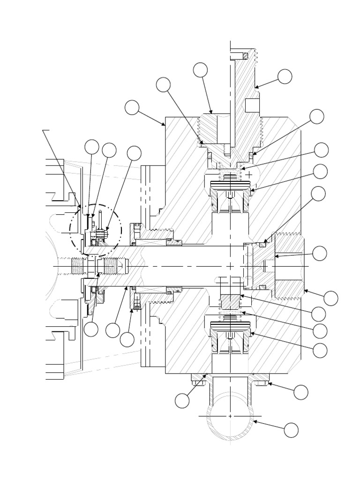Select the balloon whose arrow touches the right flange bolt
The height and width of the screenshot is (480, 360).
[x=301, y=392]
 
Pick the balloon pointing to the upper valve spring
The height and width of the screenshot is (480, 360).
[x=321, y=150]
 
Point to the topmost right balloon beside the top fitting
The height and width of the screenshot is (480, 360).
[x=285, y=76]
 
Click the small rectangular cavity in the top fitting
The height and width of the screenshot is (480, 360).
[x=252, y=105]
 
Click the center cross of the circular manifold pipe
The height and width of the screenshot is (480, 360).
[x=231, y=416]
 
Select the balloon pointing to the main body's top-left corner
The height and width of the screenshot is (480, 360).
[x=132, y=107]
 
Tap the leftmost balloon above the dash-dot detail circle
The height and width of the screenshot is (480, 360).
[x=92, y=147]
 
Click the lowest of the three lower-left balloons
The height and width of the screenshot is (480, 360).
[x=127, y=340]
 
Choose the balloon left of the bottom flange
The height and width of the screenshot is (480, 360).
[x=182, y=401]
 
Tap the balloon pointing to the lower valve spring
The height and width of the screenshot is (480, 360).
[x=320, y=330]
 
